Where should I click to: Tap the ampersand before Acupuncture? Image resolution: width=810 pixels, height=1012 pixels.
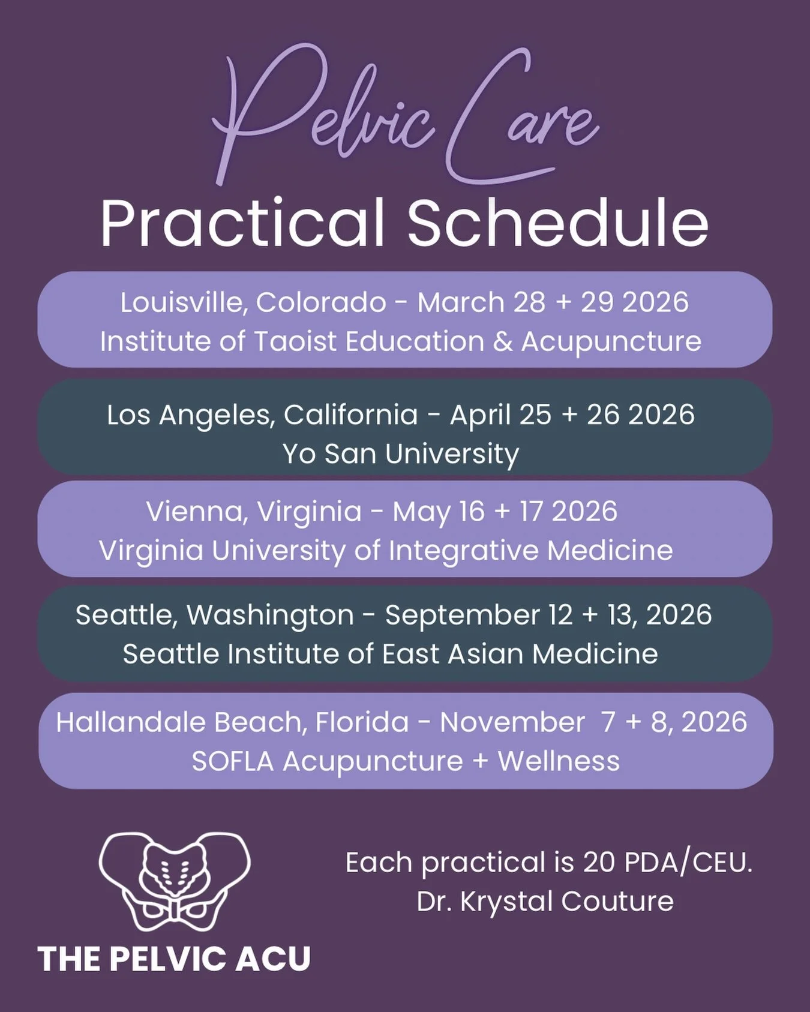click(x=502, y=341)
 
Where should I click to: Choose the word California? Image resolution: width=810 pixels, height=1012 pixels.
click(x=350, y=415)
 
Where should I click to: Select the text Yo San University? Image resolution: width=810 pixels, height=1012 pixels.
click(x=400, y=454)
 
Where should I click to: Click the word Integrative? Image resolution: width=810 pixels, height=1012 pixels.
click(x=464, y=551)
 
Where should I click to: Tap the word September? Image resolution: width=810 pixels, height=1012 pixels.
click(x=463, y=615)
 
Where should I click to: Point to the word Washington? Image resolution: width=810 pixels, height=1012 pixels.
click(x=270, y=615)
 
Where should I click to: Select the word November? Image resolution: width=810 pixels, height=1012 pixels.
click(x=512, y=722)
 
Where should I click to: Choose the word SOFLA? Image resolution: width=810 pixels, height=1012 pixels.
click(x=232, y=761)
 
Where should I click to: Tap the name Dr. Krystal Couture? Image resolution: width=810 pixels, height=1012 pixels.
click(x=545, y=901)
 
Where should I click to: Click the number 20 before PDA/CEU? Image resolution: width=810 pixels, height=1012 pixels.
click(x=599, y=863)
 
